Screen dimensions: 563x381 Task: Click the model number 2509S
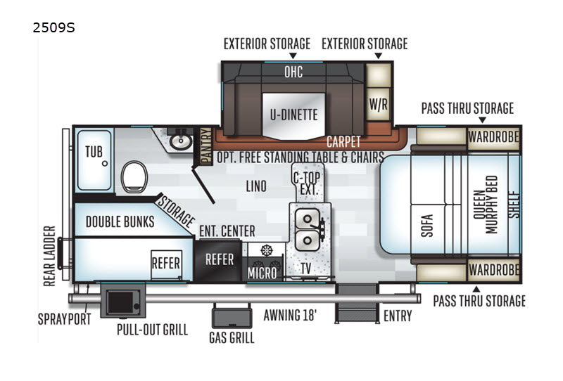pos(54,27)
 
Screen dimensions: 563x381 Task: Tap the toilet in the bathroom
pos(134,177)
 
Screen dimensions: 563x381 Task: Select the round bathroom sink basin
pos(181,141)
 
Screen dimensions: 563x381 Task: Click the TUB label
pos(94,152)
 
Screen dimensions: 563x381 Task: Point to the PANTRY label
pos(205,146)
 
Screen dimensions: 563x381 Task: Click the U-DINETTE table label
pos(293,115)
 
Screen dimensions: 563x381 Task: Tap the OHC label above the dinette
pos(293,72)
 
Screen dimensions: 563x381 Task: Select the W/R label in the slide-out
pos(379,105)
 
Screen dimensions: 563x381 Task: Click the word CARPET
pos(343,142)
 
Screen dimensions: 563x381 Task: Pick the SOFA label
pos(427,226)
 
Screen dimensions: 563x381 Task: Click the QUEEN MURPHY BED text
pos(486,205)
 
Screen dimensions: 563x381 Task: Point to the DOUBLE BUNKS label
pos(120,221)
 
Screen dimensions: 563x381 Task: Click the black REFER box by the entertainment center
pos(218,261)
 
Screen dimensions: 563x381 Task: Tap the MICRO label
pos(262,273)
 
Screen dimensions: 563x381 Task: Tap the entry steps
pos(358,304)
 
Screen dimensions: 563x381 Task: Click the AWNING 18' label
pos(290,316)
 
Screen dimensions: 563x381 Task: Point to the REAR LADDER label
pos(49,256)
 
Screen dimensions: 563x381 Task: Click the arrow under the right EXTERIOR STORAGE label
pos(378,56)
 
